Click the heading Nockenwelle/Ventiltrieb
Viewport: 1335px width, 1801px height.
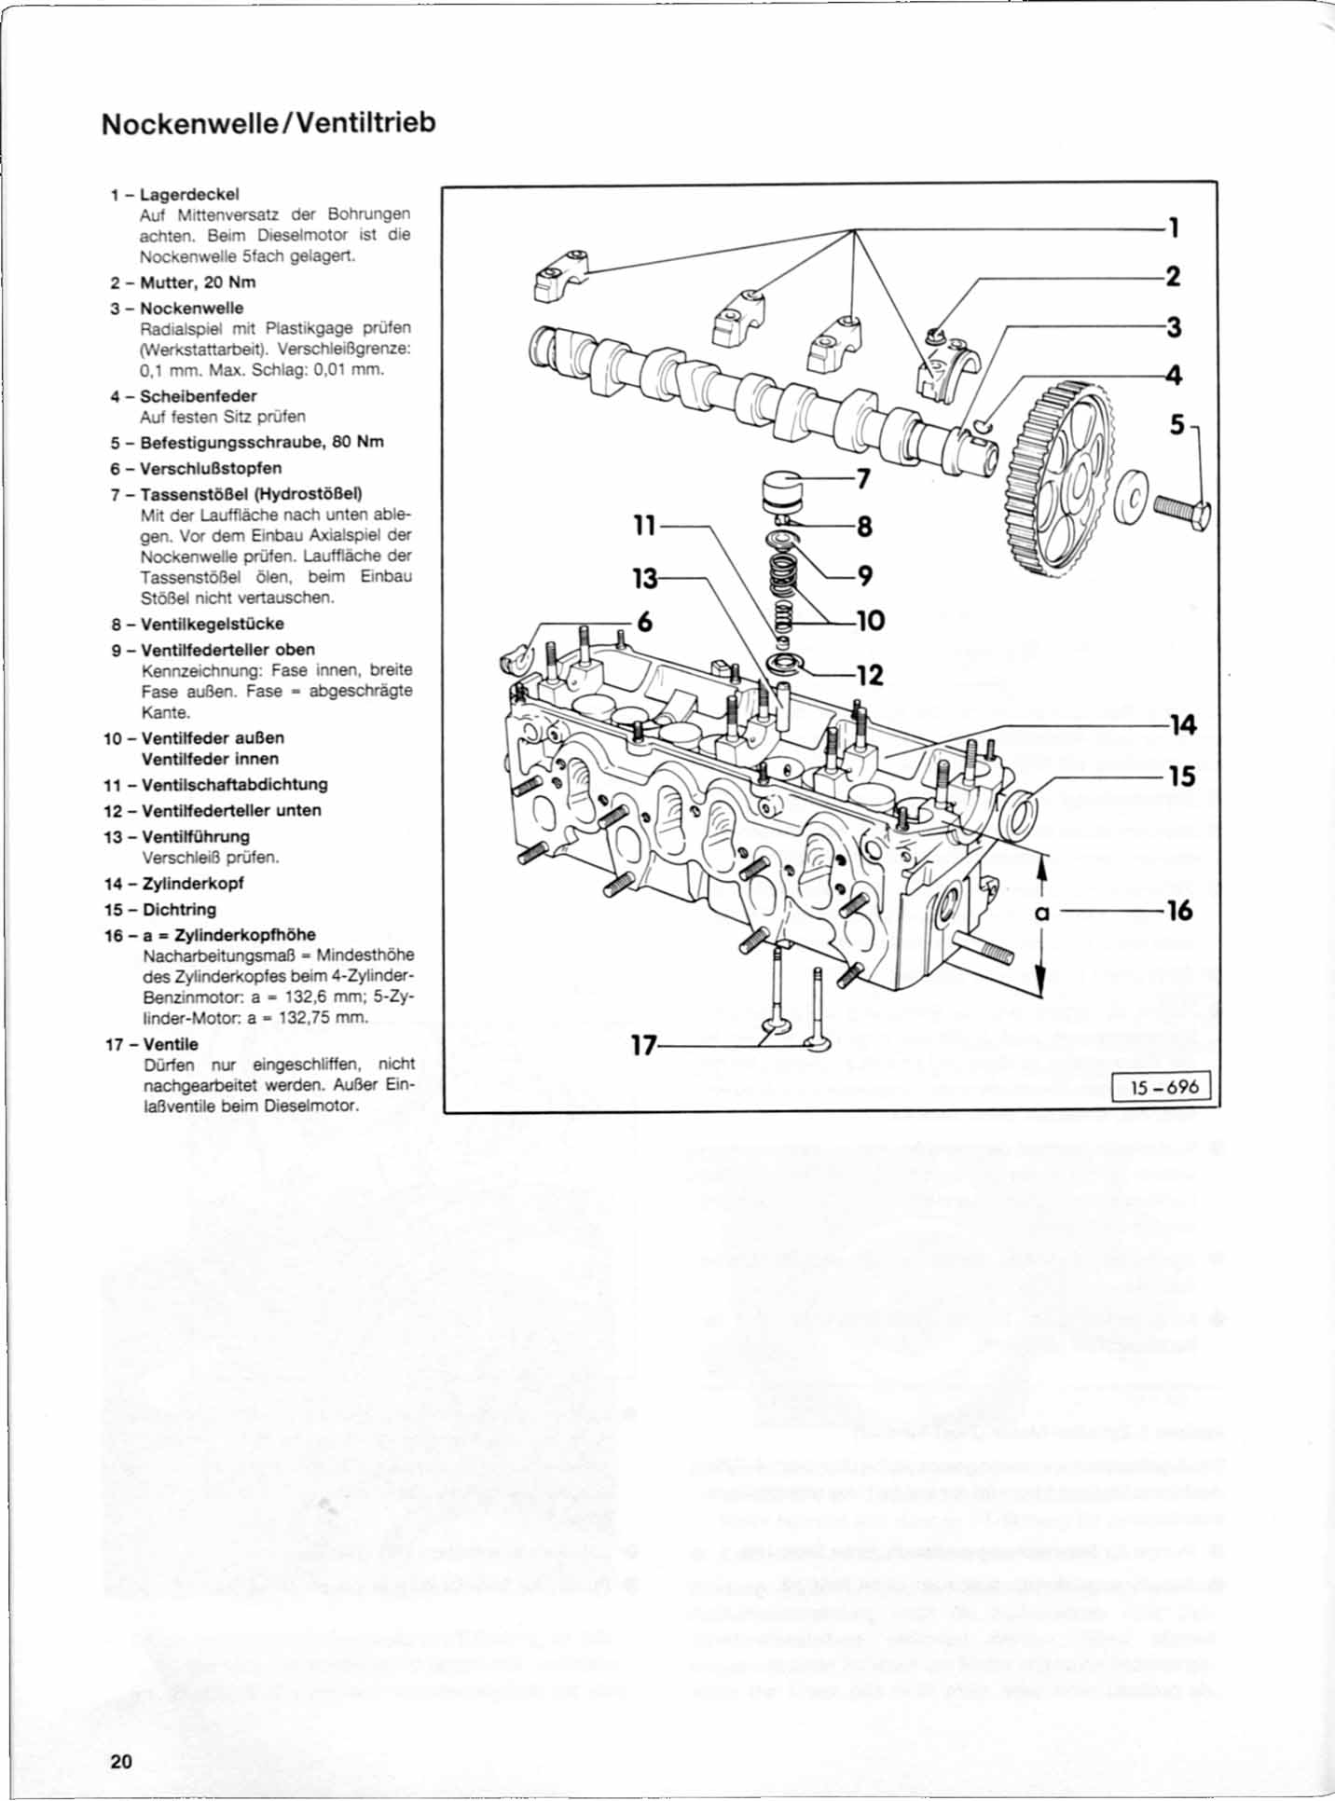click(x=268, y=123)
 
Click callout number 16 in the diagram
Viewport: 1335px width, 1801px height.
click(x=1179, y=910)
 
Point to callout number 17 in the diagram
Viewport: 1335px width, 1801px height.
click(x=642, y=1046)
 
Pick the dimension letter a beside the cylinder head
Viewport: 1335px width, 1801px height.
click(x=1042, y=913)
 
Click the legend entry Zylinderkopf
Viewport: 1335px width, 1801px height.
click(x=193, y=883)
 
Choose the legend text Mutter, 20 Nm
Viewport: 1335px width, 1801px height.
click(x=198, y=282)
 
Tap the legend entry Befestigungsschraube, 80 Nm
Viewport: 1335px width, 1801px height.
click(x=262, y=442)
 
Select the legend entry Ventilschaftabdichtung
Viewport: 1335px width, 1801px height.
click(x=234, y=784)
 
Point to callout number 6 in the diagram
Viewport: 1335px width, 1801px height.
click(x=644, y=622)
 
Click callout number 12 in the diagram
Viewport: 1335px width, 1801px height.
click(x=869, y=675)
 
